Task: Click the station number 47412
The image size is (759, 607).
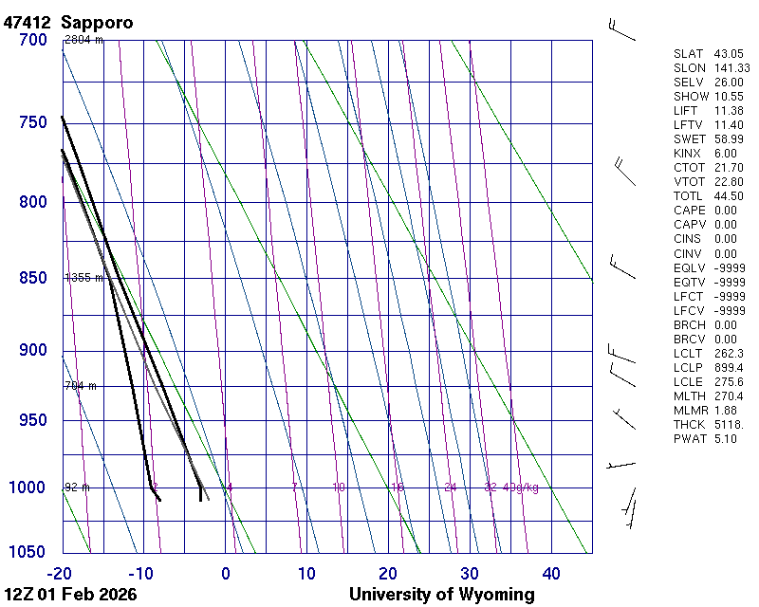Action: point(28,22)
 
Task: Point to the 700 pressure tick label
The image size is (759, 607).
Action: point(32,40)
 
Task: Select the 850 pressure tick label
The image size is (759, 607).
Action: point(32,278)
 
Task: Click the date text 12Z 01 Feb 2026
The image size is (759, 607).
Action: point(70,595)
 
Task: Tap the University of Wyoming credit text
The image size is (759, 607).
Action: point(441,595)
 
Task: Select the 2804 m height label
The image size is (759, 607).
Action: point(83,40)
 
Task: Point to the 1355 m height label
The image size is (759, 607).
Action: point(83,278)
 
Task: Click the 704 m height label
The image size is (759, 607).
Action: point(81,386)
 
